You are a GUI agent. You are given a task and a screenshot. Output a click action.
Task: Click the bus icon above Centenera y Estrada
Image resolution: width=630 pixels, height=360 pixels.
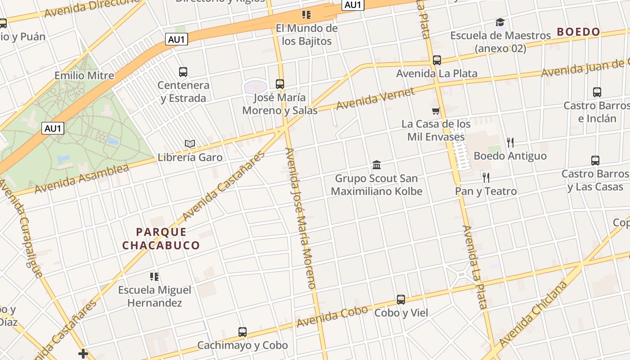click(183, 72)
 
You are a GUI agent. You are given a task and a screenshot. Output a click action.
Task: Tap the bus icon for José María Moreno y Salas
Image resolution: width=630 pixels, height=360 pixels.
click(280, 84)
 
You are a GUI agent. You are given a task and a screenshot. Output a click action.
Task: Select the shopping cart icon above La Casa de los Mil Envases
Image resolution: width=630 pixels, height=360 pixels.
click(436, 111)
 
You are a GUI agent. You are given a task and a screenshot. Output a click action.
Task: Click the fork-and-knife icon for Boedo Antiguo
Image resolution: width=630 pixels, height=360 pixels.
click(510, 143)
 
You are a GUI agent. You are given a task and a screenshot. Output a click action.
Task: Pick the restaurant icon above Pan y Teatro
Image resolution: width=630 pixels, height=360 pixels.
click(486, 177)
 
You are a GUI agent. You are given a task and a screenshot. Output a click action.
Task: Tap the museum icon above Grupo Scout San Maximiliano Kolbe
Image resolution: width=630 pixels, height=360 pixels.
click(377, 165)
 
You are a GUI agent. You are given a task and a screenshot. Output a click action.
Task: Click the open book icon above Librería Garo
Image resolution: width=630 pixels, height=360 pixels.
click(190, 144)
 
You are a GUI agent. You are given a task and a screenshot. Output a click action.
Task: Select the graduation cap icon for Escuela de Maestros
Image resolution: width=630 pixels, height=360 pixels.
click(500, 22)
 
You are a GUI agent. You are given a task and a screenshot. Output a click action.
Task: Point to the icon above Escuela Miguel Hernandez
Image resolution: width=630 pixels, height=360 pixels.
click(154, 276)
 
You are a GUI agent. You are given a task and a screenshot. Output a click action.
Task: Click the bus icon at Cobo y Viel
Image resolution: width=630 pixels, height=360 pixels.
click(401, 299)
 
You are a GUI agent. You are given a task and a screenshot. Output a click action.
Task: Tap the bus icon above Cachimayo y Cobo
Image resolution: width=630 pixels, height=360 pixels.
click(243, 332)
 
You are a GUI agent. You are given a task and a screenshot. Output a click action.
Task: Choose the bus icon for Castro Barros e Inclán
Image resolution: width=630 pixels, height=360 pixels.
click(597, 92)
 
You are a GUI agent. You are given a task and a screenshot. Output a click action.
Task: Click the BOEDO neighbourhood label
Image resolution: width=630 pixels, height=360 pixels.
click(578, 32)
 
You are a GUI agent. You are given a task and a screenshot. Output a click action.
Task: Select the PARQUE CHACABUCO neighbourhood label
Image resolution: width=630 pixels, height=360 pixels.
click(161, 238)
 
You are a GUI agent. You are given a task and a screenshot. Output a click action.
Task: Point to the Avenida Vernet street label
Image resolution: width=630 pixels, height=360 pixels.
click(375, 99)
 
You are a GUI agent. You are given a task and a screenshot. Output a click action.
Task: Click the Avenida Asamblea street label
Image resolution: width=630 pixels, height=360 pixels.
click(81, 179)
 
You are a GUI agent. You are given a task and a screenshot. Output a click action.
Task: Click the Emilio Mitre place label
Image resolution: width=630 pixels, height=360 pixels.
click(84, 75)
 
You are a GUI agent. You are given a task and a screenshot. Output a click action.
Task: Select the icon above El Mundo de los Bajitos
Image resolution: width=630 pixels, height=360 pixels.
click(306, 15)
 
